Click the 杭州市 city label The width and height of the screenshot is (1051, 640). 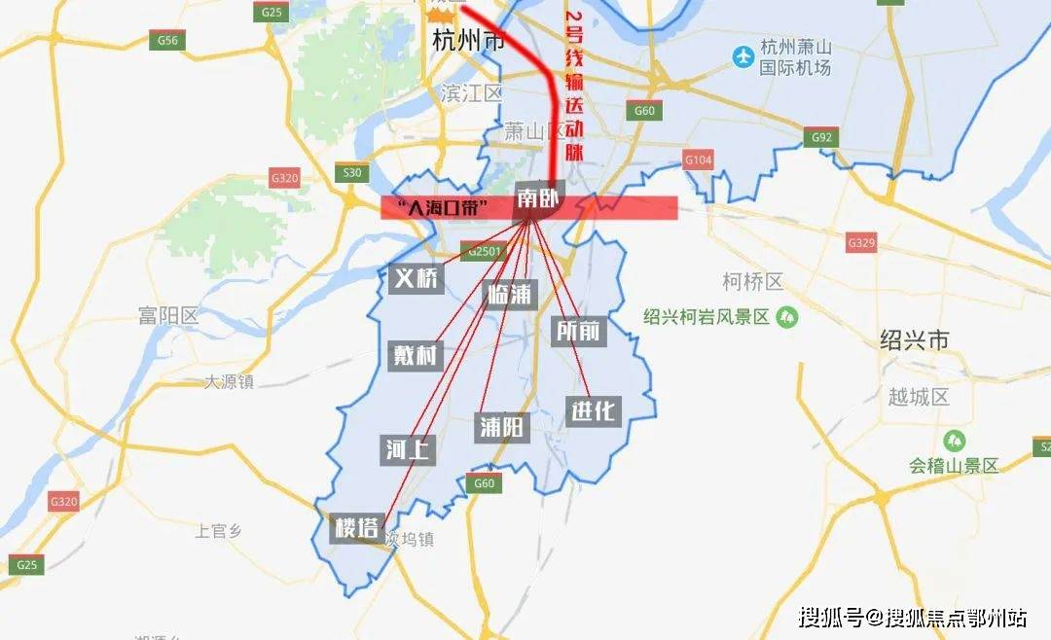pos(468,42)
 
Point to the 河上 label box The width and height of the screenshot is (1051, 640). pos(408,449)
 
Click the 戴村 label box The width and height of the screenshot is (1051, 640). pos(415,354)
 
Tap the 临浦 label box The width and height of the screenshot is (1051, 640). pos(510,293)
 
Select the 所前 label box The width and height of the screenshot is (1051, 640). pos(578,331)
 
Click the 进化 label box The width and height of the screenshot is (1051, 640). pos(593,410)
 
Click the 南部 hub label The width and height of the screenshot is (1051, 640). pos(539,199)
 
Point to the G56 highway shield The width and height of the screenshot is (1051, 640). pos(168,41)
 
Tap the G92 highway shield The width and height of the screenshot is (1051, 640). pos(821,137)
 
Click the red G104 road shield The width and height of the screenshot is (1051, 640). pos(699,160)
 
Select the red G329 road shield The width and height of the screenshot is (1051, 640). pos(861,242)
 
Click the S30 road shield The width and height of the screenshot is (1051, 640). pos(352,173)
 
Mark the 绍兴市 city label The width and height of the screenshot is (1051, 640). pos(914,340)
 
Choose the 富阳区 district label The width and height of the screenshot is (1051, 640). pos(168,316)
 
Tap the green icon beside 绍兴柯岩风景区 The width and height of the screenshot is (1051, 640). pos(787,317)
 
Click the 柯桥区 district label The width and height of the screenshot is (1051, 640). pos(752,282)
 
